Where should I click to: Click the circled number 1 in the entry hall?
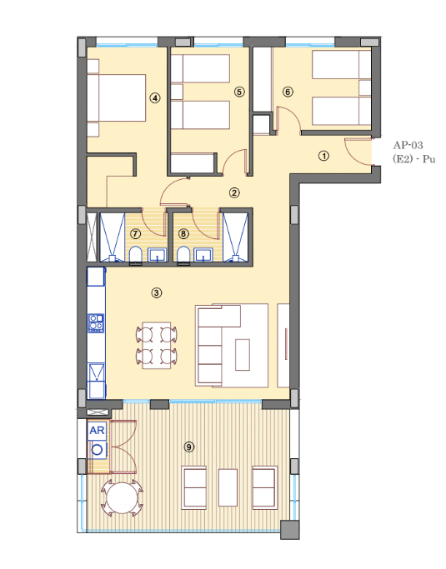tap(323, 156)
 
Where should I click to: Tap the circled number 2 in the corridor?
tap(234, 192)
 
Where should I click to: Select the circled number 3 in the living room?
tap(157, 293)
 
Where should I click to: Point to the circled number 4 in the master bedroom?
tap(155, 98)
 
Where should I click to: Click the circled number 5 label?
tap(239, 92)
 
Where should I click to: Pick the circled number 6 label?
tap(288, 92)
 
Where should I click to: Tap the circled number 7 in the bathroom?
tap(135, 234)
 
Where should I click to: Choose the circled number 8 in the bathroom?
tap(183, 234)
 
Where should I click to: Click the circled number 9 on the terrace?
tap(189, 447)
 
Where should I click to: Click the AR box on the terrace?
tap(97, 431)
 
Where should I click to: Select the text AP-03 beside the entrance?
tap(408, 146)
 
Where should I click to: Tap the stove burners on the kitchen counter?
tap(96, 323)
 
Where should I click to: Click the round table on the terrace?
tap(123, 497)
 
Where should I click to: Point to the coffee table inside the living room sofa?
tap(243, 355)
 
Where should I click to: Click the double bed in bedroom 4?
tap(117, 98)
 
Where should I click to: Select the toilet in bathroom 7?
tap(136, 255)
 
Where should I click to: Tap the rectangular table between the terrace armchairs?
tap(228, 487)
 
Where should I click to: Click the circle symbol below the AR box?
tap(97, 450)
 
